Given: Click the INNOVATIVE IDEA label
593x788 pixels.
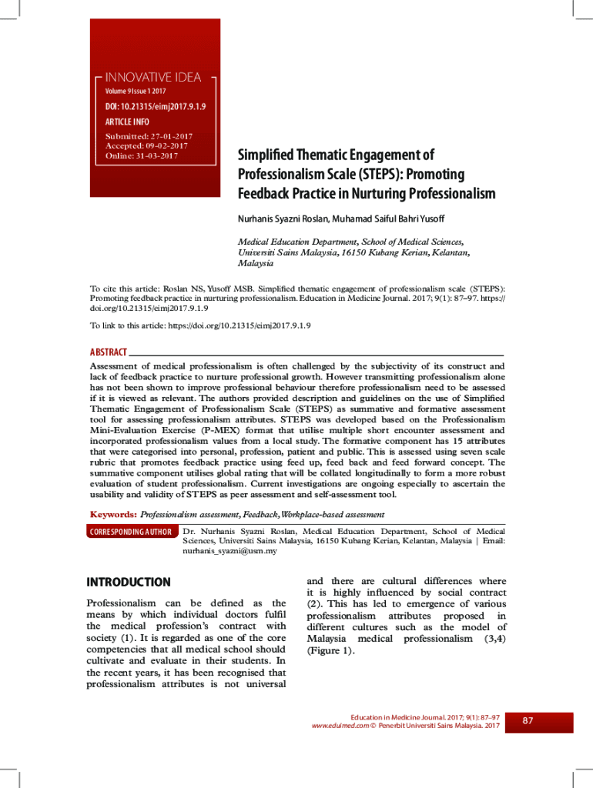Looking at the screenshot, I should pos(153,77).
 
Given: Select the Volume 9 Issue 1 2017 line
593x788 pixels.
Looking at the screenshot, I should pos(136,92).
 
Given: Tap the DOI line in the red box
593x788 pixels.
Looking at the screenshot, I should pos(156,106).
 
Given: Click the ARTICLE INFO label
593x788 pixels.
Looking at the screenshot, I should pos(127,122).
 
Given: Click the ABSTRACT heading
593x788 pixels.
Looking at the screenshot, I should pos(109,352).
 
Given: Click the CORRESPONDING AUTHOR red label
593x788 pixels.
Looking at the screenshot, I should pos(131,532).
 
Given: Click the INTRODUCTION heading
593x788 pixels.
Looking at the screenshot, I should pos(129,583).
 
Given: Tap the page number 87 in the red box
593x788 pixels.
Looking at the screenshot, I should pos(528,721).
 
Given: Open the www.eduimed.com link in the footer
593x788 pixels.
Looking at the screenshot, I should pos(339,726).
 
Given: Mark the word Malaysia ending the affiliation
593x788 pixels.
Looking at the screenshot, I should pos(256,262).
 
